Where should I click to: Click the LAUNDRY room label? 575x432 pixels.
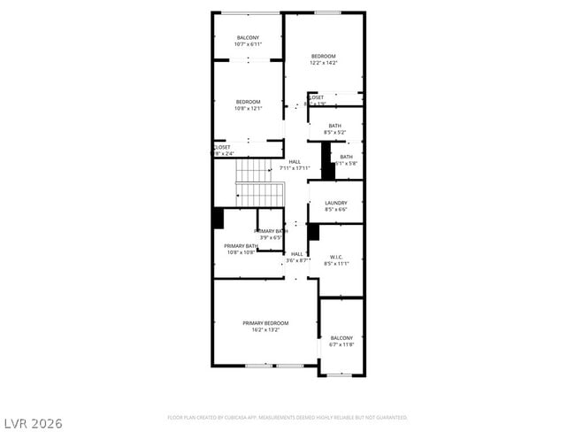click(x=335, y=203)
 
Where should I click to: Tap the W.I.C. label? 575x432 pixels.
click(x=335, y=257)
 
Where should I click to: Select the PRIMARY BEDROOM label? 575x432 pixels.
click(x=265, y=323)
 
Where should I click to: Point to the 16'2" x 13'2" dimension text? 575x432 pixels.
click(x=265, y=330)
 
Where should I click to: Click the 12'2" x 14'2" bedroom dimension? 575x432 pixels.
click(x=323, y=63)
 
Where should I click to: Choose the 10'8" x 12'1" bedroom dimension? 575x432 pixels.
click(x=248, y=109)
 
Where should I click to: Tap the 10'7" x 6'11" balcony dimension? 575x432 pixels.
click(x=248, y=44)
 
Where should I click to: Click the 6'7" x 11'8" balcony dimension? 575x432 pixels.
click(x=341, y=344)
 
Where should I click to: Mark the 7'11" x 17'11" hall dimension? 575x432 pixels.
click(x=295, y=168)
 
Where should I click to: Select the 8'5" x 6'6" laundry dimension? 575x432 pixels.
click(x=335, y=210)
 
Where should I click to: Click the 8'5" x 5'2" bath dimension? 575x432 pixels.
click(x=334, y=133)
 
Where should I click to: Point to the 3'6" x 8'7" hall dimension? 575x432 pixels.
click(x=297, y=260)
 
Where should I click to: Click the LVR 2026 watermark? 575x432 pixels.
click(x=33, y=424)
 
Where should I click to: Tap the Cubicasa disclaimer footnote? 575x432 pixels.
click(x=287, y=416)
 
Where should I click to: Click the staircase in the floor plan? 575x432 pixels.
click(x=258, y=182)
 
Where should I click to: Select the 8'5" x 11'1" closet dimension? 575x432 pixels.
click(x=336, y=264)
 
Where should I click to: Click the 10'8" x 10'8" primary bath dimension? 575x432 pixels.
click(x=241, y=252)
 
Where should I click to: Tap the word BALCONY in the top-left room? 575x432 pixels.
click(x=248, y=37)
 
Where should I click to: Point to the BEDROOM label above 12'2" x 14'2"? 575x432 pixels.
click(x=323, y=56)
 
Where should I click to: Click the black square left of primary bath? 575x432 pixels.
click(x=218, y=218)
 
